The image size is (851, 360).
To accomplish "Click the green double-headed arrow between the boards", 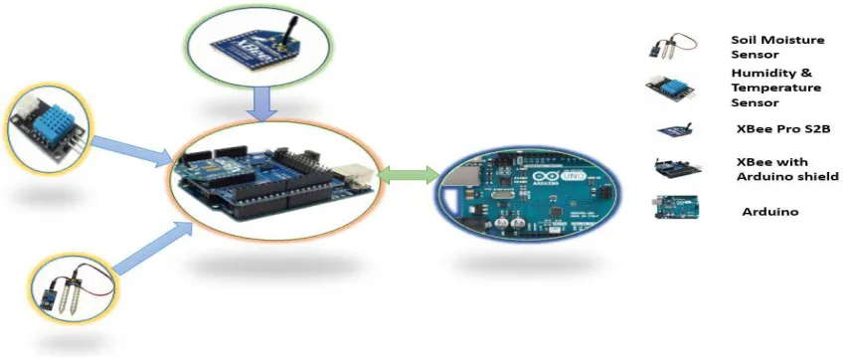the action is [x=409, y=175].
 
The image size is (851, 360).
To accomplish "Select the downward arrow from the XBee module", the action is [x=261, y=103].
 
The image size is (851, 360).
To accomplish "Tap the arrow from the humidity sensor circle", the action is [x=132, y=150].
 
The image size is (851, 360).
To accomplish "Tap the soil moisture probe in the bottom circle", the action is [x=75, y=289].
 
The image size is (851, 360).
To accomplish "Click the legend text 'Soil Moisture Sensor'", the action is [x=777, y=48].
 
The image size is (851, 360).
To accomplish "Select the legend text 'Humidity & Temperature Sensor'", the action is [x=776, y=88].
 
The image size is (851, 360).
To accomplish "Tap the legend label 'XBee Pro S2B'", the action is [x=783, y=129].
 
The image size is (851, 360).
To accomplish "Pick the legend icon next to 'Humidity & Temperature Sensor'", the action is [x=671, y=88].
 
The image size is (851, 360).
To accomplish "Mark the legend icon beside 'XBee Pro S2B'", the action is [x=675, y=129].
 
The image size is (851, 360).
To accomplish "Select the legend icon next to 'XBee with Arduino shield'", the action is [x=676, y=169].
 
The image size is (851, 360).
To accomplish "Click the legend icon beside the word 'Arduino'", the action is [x=676, y=207].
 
